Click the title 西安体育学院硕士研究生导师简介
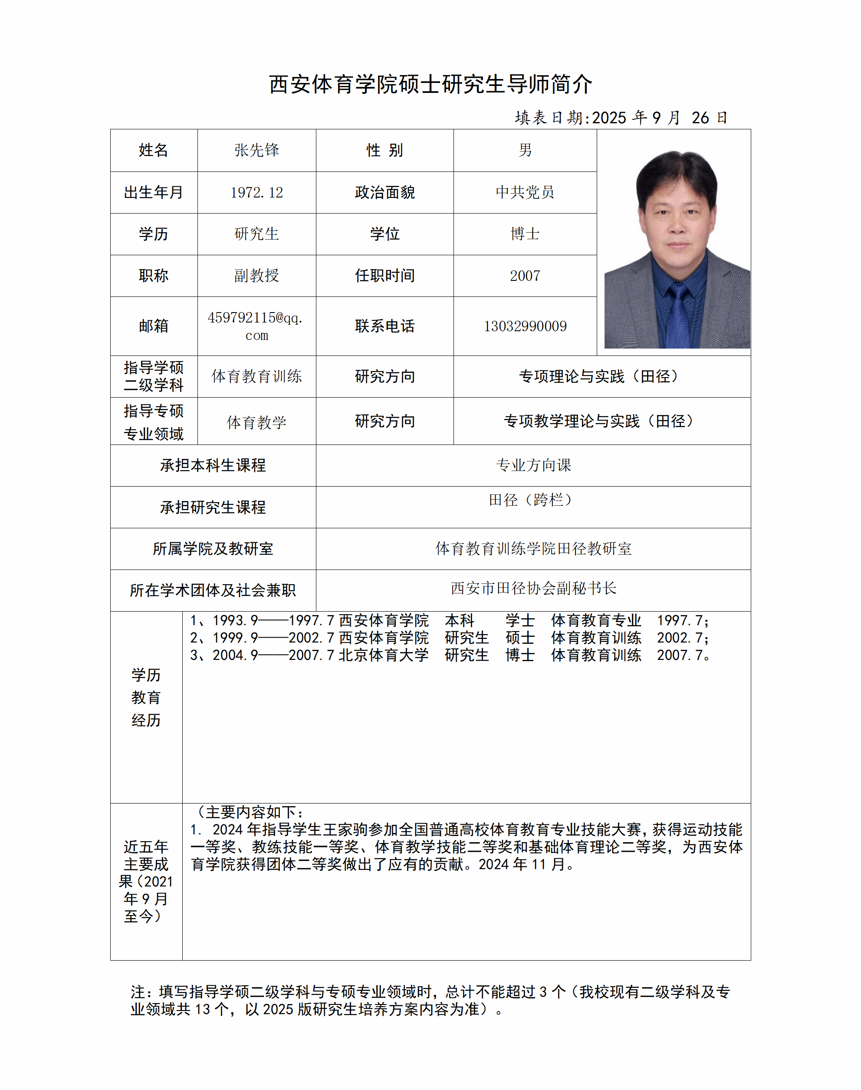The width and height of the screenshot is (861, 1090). click(430, 84)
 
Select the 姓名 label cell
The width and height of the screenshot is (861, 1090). click(154, 150)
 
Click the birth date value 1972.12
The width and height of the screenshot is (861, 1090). click(256, 193)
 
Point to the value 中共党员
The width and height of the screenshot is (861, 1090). click(525, 192)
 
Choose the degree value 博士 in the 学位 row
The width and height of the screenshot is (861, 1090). click(525, 234)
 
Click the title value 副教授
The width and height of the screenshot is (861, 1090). click(256, 276)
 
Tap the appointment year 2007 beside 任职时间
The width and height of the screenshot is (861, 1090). click(525, 276)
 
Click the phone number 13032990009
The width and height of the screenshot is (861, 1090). click(525, 326)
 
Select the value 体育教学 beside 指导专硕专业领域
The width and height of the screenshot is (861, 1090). click(256, 422)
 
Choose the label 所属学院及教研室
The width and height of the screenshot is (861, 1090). click(213, 549)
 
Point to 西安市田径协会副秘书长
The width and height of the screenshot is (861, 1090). click(533, 588)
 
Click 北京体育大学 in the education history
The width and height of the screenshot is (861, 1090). click(384, 655)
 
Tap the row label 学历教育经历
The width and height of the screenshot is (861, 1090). click(146, 698)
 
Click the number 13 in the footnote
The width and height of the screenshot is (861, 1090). click(202, 1009)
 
